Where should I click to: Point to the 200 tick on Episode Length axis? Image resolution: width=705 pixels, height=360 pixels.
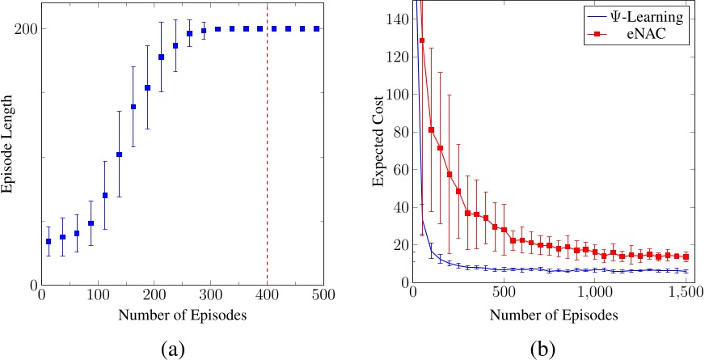click(24, 28)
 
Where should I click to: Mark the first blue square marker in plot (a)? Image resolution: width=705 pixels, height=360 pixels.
click(49, 241)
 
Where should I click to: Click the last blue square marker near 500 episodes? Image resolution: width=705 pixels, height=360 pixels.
click(316, 28)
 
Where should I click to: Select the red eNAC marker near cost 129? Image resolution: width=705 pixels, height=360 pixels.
click(422, 40)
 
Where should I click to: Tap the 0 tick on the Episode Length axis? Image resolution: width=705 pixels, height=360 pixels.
click(32, 285)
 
